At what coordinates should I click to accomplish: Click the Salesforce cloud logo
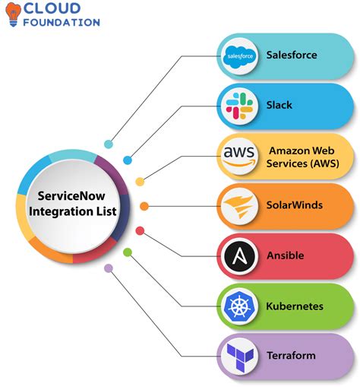(x=239, y=56)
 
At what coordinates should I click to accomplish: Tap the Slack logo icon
(x=239, y=106)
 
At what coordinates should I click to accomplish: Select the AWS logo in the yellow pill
(x=238, y=156)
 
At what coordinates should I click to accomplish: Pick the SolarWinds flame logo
(x=238, y=206)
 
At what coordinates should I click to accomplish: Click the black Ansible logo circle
(x=239, y=256)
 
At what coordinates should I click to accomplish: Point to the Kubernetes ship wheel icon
(x=239, y=306)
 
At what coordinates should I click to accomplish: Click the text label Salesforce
(x=292, y=55)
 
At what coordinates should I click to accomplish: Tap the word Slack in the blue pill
(x=279, y=105)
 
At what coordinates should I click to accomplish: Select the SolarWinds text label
(x=295, y=205)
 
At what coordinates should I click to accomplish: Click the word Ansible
(x=286, y=255)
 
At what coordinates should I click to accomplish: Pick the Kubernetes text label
(x=295, y=306)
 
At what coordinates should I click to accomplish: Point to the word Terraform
(x=291, y=355)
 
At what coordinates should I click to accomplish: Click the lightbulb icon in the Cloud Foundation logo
(x=13, y=14)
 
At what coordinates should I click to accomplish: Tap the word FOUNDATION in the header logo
(x=62, y=22)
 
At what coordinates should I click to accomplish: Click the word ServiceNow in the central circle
(x=71, y=195)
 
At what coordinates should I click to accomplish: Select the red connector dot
(x=140, y=231)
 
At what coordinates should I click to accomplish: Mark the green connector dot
(x=128, y=252)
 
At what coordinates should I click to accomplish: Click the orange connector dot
(x=144, y=206)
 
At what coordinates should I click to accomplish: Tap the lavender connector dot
(x=109, y=268)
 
